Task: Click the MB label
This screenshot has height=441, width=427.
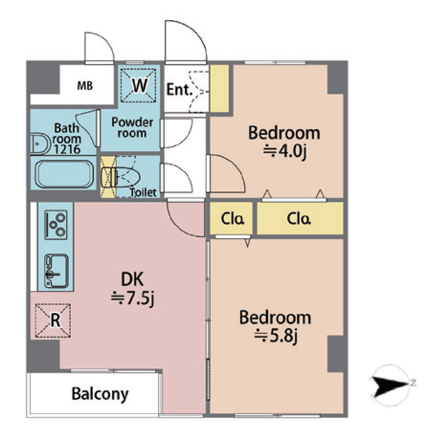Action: click(x=84, y=86)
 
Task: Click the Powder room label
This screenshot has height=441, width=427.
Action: click(x=131, y=127)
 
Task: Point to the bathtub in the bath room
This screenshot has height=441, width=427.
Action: click(x=63, y=175)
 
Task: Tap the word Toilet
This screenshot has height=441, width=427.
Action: click(x=143, y=192)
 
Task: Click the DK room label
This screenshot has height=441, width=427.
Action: click(x=131, y=279)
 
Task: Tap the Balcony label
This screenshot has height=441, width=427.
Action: click(x=100, y=394)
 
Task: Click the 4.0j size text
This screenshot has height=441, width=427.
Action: click(x=284, y=152)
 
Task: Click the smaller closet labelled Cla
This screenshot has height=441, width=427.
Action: click(x=232, y=220)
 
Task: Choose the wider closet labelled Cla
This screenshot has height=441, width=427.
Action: click(x=299, y=220)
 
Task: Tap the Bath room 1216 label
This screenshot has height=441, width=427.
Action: click(x=68, y=138)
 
